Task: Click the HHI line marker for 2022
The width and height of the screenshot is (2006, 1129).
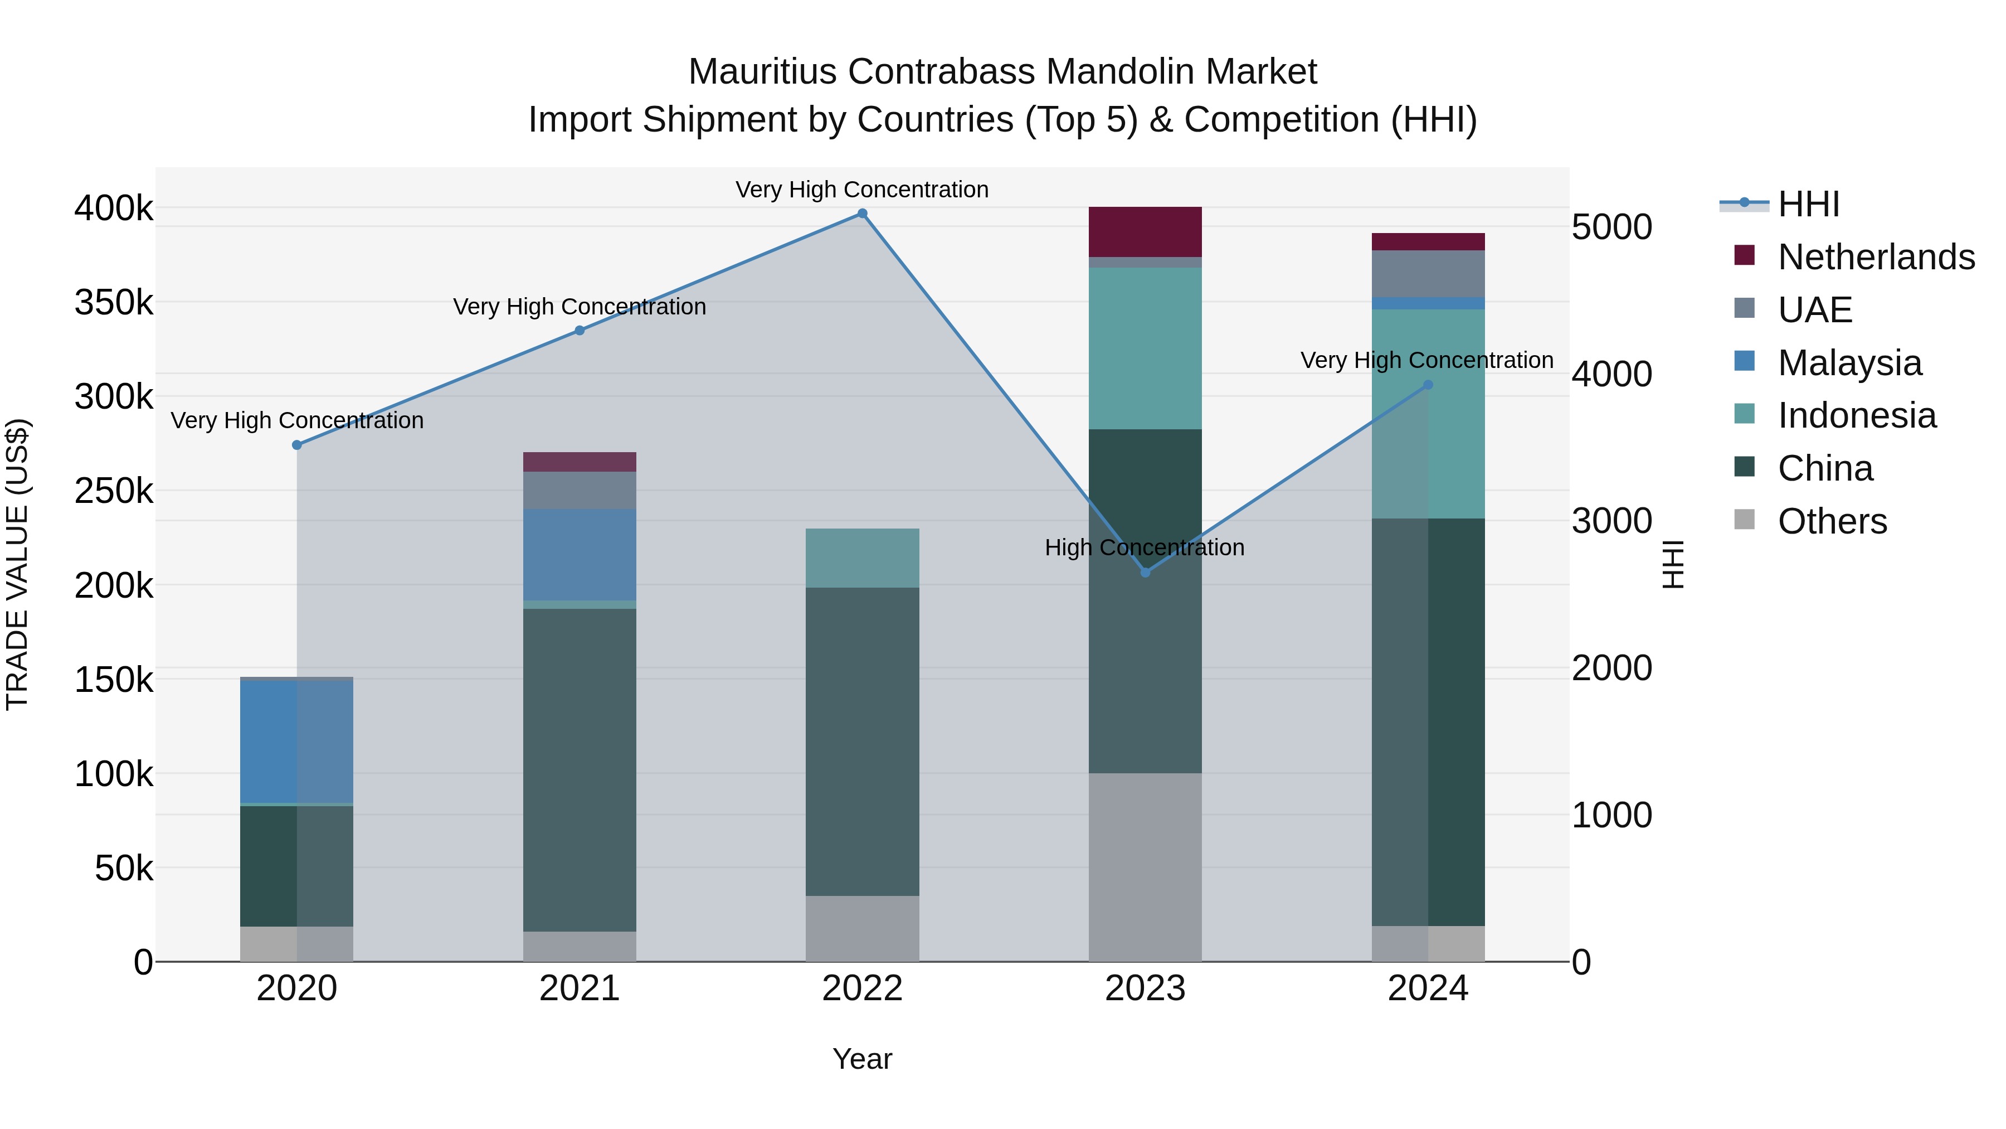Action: click(862, 214)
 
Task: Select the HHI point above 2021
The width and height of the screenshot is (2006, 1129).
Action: click(580, 331)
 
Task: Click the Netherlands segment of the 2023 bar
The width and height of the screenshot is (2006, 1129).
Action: click(1145, 231)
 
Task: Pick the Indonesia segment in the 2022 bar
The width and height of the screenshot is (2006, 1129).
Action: click(862, 558)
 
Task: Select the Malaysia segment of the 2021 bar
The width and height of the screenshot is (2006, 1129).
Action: click(580, 554)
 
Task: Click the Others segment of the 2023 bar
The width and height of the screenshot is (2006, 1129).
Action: click(1145, 866)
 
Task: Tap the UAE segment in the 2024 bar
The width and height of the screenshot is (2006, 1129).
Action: click(1428, 274)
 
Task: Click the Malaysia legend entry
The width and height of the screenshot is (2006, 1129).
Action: click(1849, 363)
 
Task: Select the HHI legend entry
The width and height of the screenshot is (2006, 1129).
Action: click(1808, 204)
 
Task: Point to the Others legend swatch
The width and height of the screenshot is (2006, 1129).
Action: click(1744, 520)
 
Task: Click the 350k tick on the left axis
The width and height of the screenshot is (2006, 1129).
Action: click(114, 302)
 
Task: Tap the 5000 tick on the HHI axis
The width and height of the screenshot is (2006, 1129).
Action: click(1611, 227)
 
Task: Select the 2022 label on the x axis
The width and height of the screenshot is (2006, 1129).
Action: click(862, 989)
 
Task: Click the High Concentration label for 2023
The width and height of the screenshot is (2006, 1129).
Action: click(1145, 547)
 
